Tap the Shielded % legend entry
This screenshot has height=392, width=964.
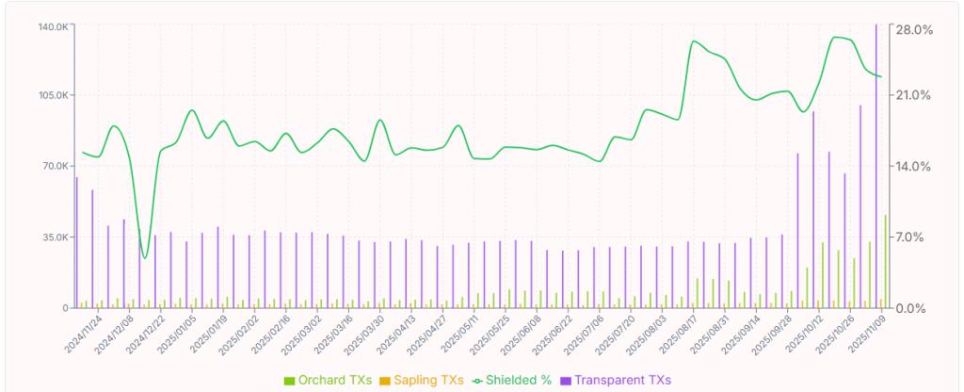tap(512, 380)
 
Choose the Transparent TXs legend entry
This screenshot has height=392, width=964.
tap(615, 380)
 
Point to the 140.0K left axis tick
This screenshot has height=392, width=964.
tap(52, 26)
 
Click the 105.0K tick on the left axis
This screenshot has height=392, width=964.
tap(52, 95)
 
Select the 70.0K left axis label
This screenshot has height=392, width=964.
tap(54, 166)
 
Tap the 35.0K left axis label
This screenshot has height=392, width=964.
tap(54, 237)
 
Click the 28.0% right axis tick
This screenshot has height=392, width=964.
tap(913, 30)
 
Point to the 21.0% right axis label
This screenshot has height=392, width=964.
tap(913, 95)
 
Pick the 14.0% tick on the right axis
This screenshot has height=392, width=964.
tap(913, 166)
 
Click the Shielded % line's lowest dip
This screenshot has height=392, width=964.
tap(144, 257)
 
